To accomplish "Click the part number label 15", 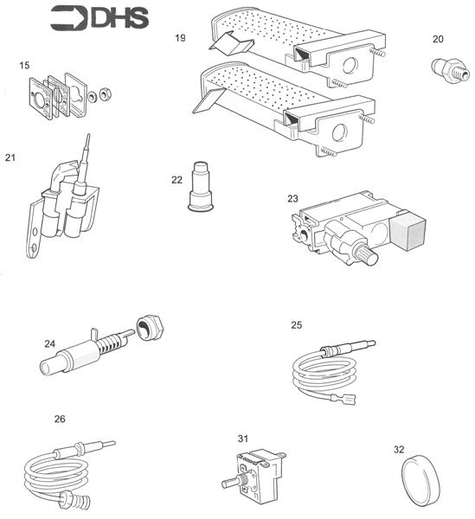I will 25,64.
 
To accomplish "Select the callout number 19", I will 180,38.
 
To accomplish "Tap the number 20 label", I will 438,39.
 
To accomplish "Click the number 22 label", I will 177,179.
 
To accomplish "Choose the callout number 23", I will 293,198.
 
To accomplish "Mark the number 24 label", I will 50,343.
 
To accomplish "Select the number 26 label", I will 60,419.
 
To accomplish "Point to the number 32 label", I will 398,449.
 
